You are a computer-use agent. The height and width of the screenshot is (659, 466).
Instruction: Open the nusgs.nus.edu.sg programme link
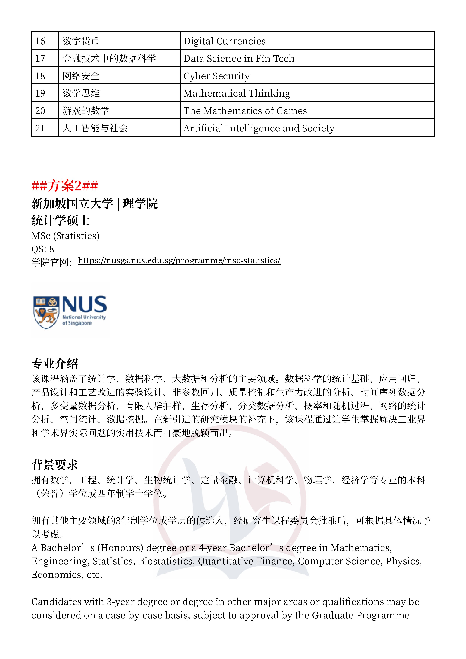coord(179,260)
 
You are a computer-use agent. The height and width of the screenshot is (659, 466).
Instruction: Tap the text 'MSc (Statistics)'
coord(65,236)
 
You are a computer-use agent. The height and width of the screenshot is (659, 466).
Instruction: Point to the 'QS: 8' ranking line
coord(42,249)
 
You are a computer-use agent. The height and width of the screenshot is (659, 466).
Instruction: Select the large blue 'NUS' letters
coord(84,304)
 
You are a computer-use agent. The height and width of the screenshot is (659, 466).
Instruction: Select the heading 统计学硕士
coord(60,220)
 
